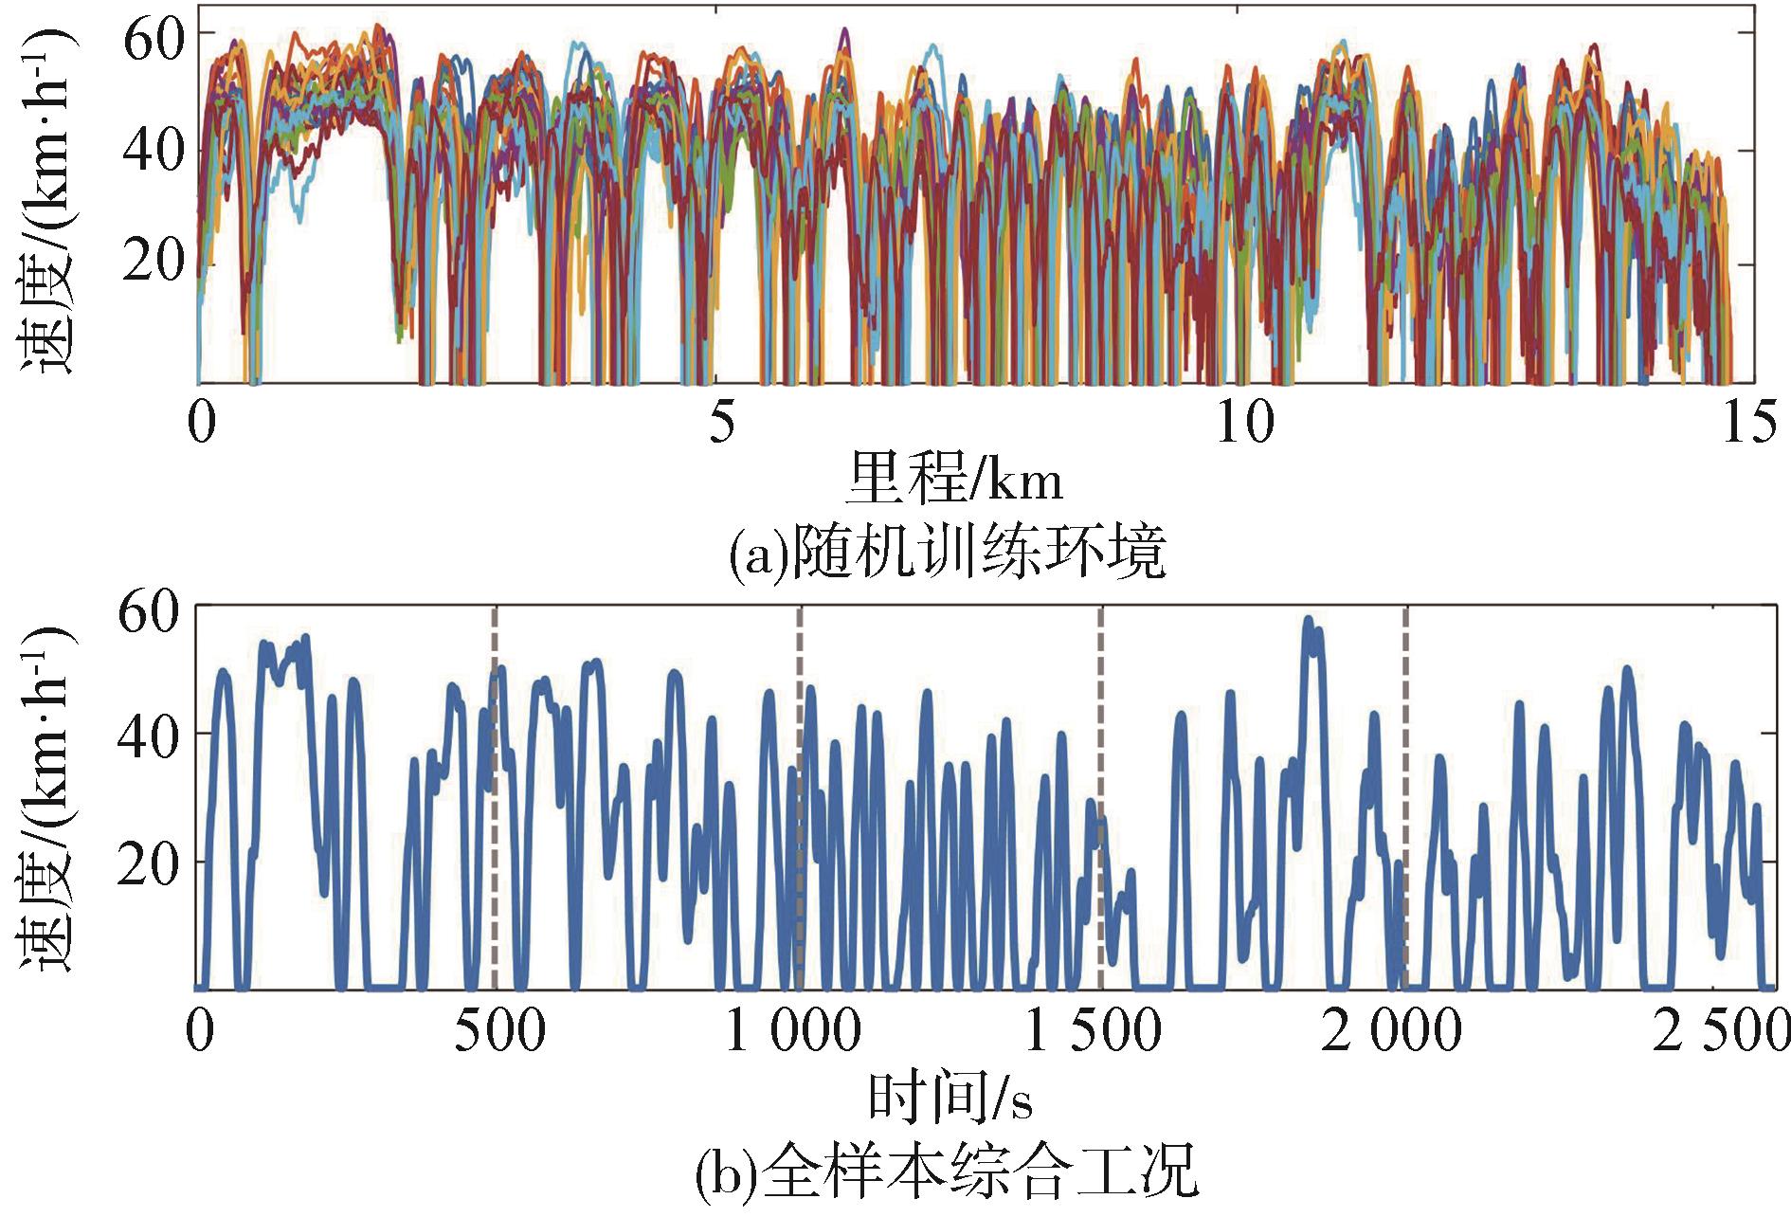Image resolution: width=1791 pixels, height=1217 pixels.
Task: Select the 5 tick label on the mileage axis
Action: coord(721,423)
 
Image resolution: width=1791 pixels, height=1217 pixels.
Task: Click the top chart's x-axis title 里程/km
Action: coord(954,479)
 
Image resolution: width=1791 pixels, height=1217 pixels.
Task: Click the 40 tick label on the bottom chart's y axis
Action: coord(150,734)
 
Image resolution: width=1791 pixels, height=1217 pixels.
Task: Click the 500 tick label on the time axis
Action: coord(499,1031)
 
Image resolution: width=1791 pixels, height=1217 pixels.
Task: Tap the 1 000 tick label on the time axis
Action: coord(792,1031)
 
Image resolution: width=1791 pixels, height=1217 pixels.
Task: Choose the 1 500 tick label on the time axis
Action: coord(1093,1031)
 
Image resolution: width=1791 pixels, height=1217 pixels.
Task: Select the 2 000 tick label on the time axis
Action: coord(1392,1031)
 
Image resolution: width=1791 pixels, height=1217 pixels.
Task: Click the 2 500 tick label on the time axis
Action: coord(1721,1031)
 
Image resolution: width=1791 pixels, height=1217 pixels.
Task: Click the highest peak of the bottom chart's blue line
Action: coord(1308,621)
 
